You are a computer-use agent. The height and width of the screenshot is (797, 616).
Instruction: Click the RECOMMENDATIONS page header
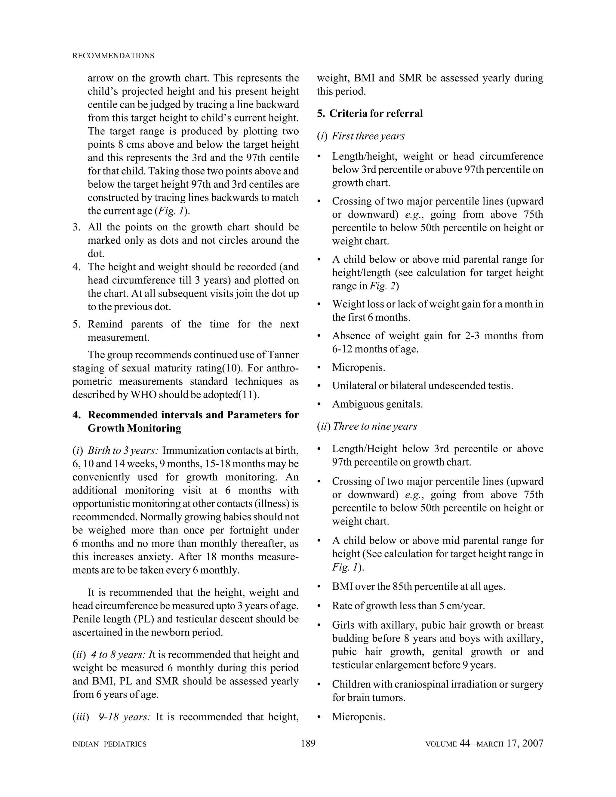coord(113,56)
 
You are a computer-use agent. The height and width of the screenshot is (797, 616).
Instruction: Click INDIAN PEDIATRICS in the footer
coord(109,744)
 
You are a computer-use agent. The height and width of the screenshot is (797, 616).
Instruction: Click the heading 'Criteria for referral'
coord(376,113)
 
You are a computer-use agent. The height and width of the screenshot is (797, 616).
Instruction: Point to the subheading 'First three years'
coord(368,136)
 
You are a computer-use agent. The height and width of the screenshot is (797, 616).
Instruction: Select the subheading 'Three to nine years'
coord(374,426)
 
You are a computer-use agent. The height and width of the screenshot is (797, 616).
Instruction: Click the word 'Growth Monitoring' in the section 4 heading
coord(134,428)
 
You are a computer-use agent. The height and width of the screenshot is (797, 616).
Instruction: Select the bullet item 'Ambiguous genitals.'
coord(377,404)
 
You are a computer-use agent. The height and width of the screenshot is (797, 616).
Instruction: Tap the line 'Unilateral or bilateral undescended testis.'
coord(422,386)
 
